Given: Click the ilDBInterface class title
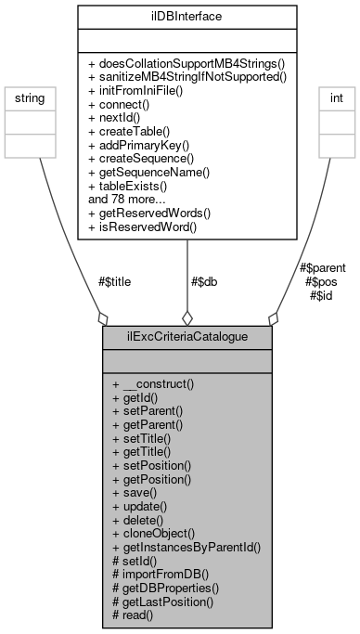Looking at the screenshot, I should tap(186, 15).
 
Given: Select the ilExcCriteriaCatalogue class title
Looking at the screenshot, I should tap(186, 337).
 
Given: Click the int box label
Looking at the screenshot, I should tap(333, 96).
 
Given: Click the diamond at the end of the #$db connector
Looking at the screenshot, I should tap(186, 317).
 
